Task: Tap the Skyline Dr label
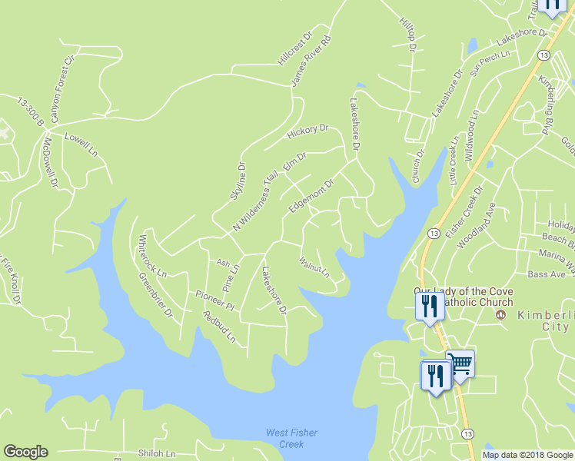[237, 181]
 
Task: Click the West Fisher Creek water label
[291, 439]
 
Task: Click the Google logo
[25, 452]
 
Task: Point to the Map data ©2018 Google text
[527, 455]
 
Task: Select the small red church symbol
[502, 315]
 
